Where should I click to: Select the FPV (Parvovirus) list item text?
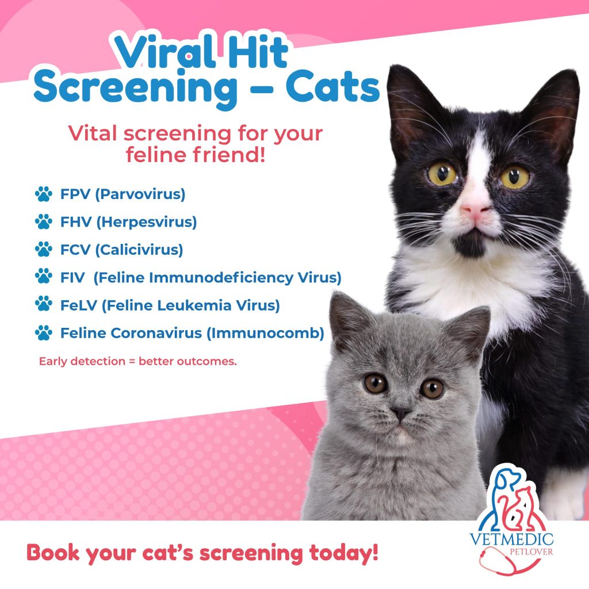click(x=123, y=194)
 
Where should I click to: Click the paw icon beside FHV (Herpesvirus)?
click(x=43, y=221)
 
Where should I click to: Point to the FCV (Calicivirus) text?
click(x=121, y=250)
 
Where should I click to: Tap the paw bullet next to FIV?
click(x=43, y=277)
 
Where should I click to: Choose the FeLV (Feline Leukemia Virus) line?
click(x=170, y=305)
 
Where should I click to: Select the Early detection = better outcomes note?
click(x=137, y=362)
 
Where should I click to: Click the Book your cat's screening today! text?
click(x=202, y=553)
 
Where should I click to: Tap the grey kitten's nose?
click(x=400, y=413)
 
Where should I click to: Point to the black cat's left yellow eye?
click(x=442, y=174)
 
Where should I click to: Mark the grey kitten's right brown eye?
click(x=431, y=388)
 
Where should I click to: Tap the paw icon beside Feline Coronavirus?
click(x=43, y=332)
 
